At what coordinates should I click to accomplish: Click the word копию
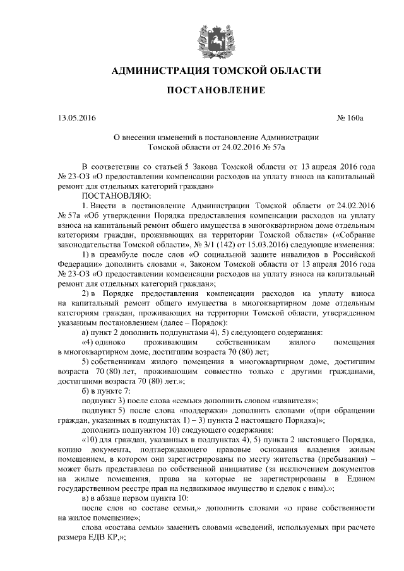[69, 449]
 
